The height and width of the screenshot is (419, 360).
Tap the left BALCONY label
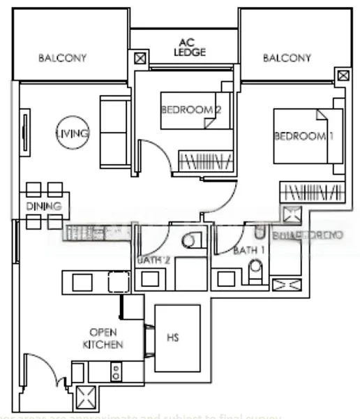(x=62, y=58)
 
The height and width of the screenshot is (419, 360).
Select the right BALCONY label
(x=286, y=58)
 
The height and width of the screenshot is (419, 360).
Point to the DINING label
(x=44, y=206)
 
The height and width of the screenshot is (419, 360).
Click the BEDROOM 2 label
(x=190, y=110)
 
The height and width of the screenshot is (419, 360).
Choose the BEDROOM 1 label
(x=299, y=136)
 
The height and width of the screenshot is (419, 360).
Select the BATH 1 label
(x=249, y=249)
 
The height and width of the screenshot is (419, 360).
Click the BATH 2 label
(x=154, y=260)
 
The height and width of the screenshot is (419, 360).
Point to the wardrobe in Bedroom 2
(x=206, y=161)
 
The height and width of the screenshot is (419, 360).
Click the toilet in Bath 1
(x=256, y=267)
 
